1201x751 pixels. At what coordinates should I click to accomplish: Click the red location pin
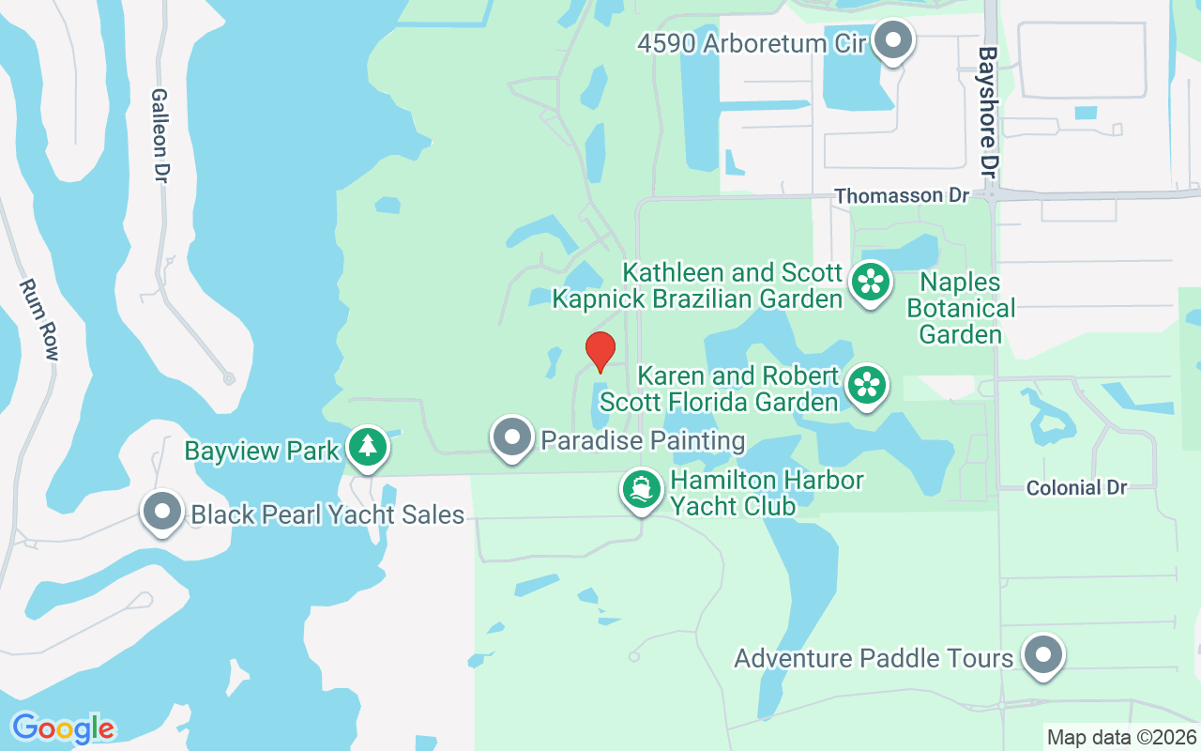[600, 350]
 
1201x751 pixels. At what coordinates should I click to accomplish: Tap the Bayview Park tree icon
[368, 448]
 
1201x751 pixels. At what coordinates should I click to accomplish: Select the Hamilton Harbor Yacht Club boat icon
[642, 490]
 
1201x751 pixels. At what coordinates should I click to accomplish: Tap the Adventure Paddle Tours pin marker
[1042, 655]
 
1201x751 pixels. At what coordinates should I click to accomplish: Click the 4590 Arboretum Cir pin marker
[893, 41]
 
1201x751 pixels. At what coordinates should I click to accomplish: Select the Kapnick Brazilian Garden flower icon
[871, 282]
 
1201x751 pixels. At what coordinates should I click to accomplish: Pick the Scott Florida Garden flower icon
[867, 385]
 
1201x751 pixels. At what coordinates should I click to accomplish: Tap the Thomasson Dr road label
[901, 195]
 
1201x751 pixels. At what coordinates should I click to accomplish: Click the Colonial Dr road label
[1076, 488]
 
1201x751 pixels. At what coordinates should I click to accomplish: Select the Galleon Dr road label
[160, 136]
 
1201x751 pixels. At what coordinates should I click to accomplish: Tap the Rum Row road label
[40, 319]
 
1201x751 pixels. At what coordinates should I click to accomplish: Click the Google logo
[63, 728]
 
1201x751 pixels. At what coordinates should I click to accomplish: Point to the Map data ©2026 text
[1121, 737]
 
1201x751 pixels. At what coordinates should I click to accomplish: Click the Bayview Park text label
[262, 451]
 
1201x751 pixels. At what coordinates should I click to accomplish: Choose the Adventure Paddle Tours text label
[874, 658]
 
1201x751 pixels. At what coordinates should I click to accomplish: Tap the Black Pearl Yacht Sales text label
[327, 514]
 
